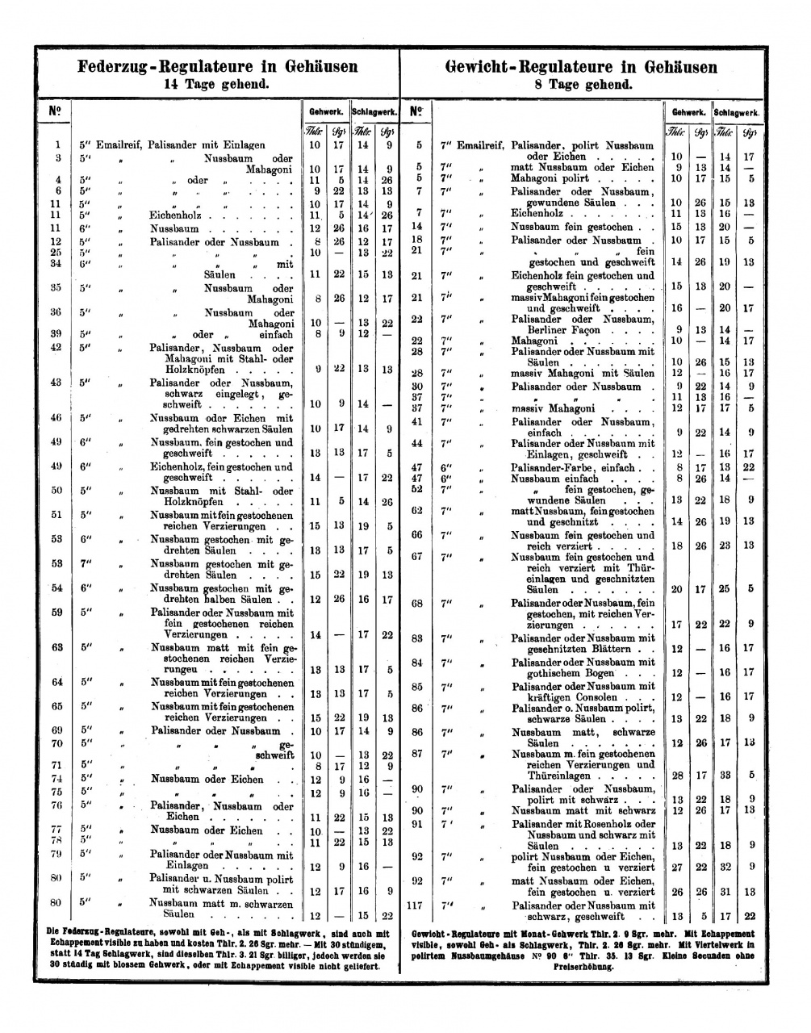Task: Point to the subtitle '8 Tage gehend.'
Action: click(585, 84)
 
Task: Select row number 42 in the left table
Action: click(56, 347)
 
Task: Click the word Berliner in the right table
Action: click(550, 329)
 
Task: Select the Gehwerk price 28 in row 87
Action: click(677, 775)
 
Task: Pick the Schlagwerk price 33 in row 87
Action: click(725, 775)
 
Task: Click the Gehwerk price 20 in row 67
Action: click(677, 589)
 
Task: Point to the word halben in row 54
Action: click(212, 600)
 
